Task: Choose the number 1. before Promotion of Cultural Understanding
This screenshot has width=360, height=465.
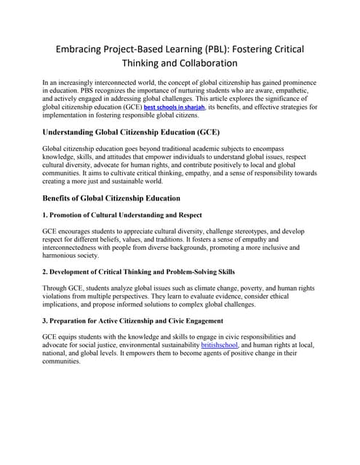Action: [47, 216]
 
